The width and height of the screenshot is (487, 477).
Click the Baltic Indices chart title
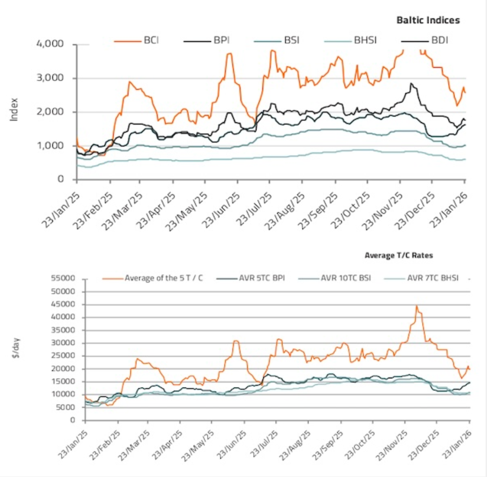[428, 20]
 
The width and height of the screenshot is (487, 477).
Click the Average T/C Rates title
[398, 255]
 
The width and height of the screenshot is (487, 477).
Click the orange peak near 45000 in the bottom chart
[417, 306]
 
